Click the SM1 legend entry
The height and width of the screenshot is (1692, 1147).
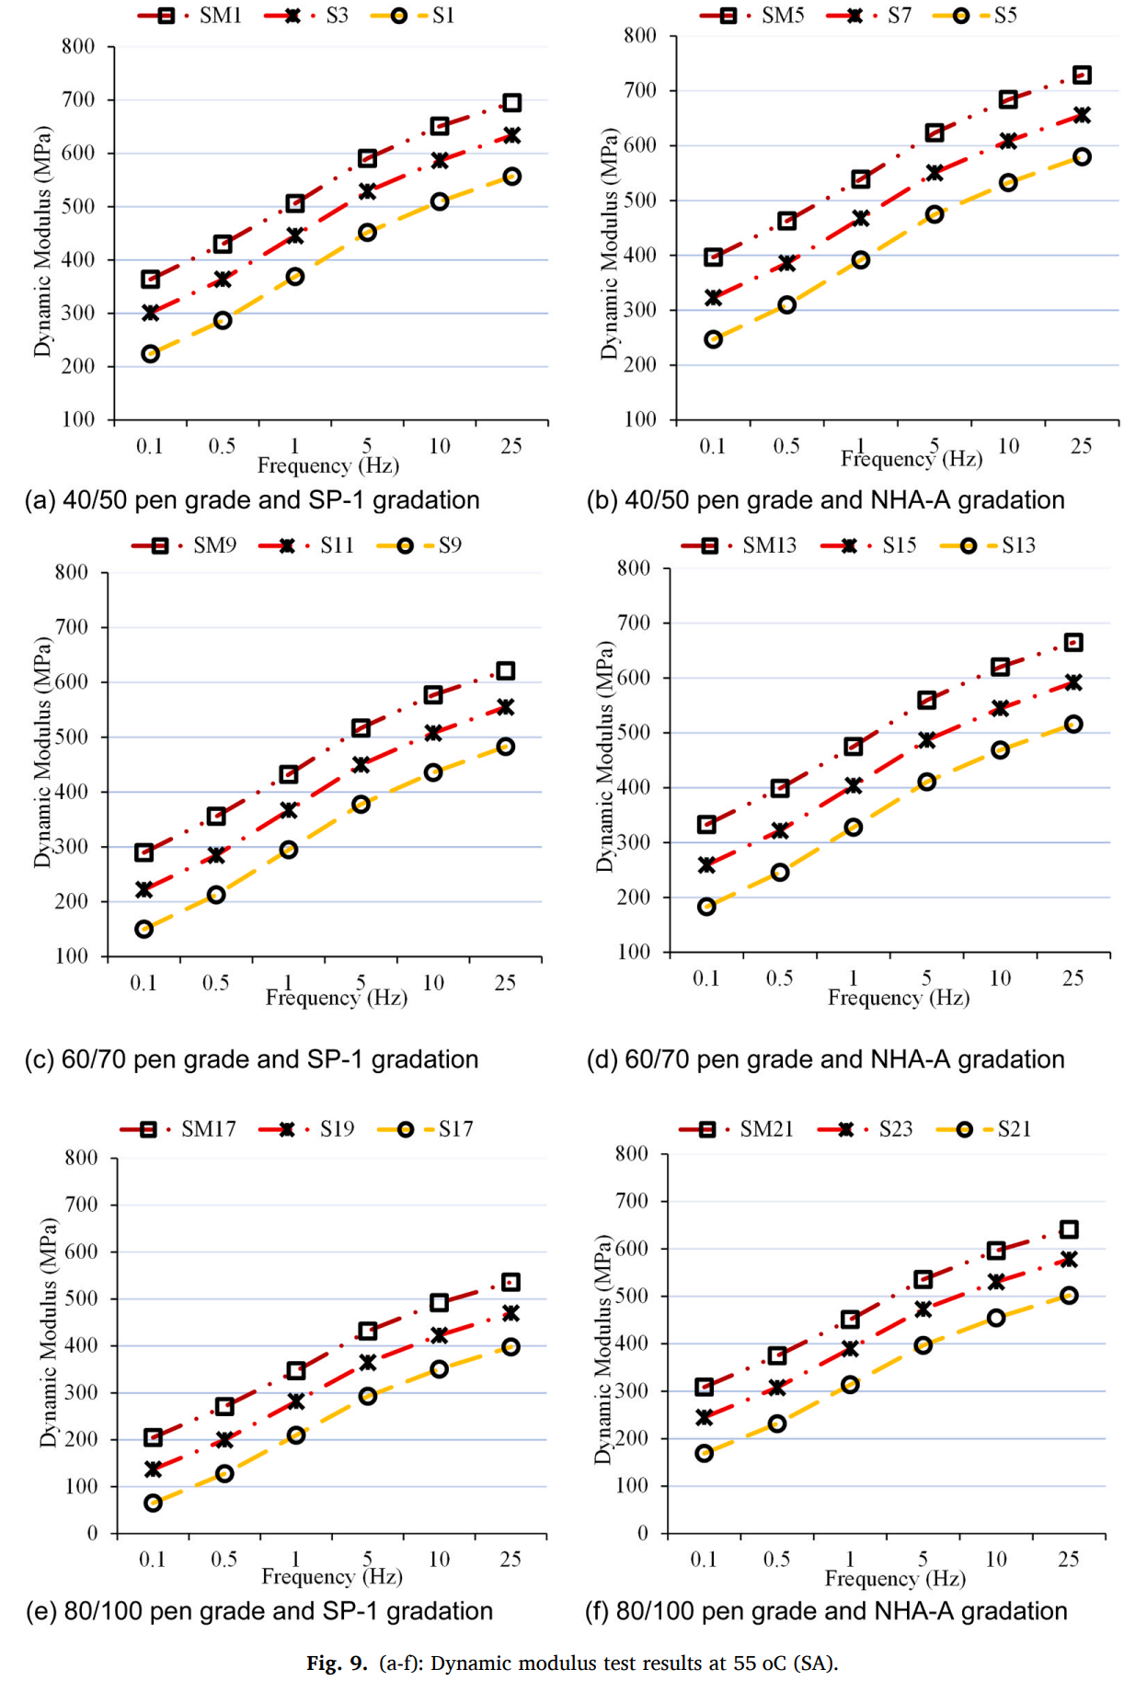click(219, 16)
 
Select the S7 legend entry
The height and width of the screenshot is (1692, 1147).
click(898, 16)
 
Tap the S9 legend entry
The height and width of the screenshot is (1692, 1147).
click(449, 545)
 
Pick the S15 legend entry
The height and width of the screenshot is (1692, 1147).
click(899, 545)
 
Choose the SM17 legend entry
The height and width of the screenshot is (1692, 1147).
click(208, 1129)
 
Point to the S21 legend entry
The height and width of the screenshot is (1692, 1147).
click(1014, 1129)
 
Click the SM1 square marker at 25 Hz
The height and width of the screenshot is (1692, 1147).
click(512, 102)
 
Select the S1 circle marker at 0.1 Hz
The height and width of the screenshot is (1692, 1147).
click(151, 354)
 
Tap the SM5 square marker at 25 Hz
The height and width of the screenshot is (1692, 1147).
click(1082, 74)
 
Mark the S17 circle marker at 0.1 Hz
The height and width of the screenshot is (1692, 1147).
click(153, 1503)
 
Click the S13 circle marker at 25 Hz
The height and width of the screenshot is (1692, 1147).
click(1073, 725)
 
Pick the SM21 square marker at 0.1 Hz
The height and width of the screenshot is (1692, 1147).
click(705, 1387)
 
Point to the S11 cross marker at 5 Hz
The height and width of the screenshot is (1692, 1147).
click(361, 765)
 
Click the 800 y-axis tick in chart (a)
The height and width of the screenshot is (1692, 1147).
click(79, 46)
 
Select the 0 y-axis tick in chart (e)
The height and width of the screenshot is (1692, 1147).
click(92, 1533)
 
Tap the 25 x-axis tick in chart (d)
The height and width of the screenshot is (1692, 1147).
click(1072, 978)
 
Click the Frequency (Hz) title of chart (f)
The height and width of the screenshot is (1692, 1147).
click(895, 1579)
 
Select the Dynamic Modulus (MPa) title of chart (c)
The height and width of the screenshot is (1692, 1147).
click(42, 751)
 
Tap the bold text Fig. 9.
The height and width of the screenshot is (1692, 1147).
click(337, 1663)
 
